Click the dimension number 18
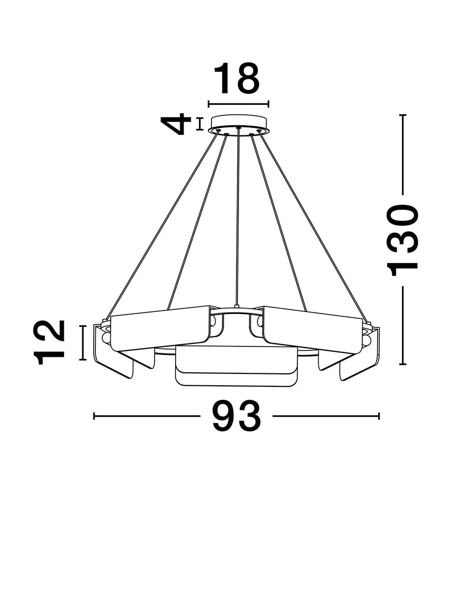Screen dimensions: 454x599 click(236, 78)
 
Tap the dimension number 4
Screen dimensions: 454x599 click(176, 124)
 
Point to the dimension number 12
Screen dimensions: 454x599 click(49, 342)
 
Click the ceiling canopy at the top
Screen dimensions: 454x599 click(238, 124)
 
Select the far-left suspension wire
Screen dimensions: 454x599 click(162, 224)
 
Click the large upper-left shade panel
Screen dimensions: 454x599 click(160, 328)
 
